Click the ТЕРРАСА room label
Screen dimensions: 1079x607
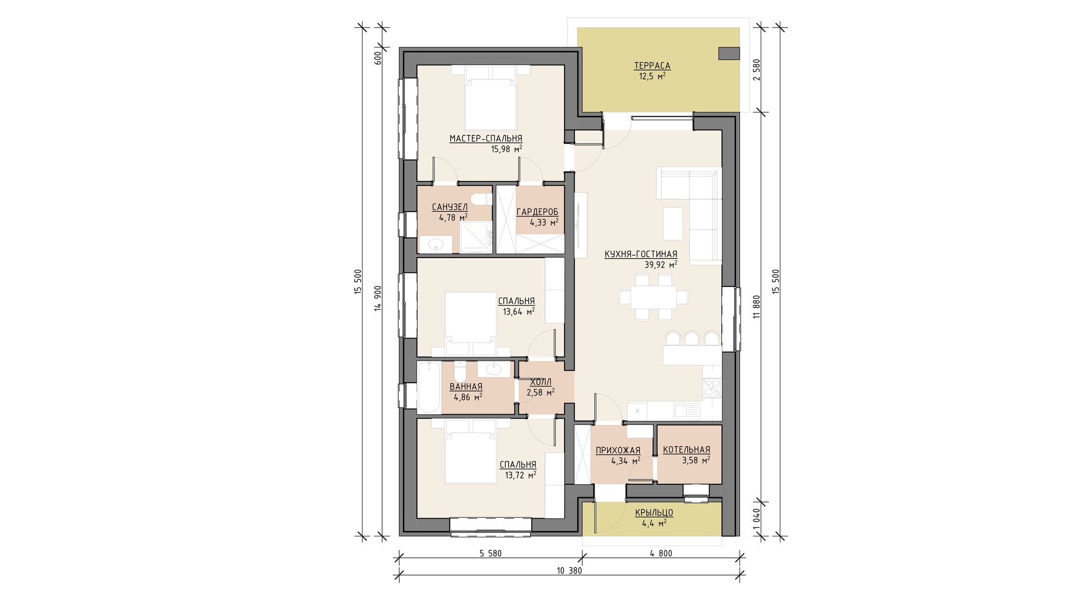click(x=652, y=66)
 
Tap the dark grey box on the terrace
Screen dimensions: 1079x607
click(x=729, y=53)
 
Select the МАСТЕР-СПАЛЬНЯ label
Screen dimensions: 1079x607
click(x=486, y=139)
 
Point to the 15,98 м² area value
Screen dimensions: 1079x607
click(x=506, y=149)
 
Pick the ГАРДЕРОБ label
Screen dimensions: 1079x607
click(x=537, y=212)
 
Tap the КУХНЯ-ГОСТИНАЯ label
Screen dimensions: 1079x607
click(x=641, y=254)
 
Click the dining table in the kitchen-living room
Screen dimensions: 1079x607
click(x=653, y=297)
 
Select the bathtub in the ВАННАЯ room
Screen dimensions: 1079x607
click(x=429, y=388)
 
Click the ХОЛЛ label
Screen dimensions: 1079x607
click(x=540, y=382)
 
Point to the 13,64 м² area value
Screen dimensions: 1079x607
click(x=518, y=311)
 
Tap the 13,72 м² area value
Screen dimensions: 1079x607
click(x=520, y=475)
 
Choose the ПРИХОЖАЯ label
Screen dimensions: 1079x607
click(x=618, y=450)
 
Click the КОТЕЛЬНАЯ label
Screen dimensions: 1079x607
click(x=686, y=449)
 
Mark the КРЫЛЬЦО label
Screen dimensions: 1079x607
click(x=654, y=513)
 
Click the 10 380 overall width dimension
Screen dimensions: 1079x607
click(x=569, y=571)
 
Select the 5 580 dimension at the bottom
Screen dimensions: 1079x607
click(x=490, y=554)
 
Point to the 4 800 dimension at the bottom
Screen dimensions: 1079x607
click(x=661, y=554)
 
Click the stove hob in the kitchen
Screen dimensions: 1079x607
click(x=712, y=388)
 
